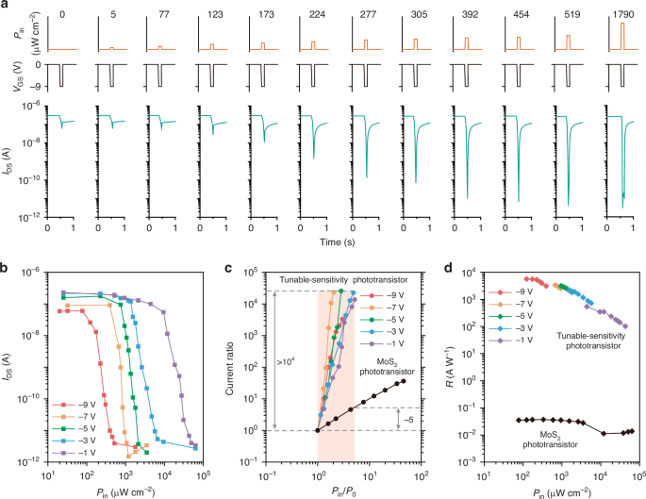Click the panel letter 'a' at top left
[6, 7]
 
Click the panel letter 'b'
[6, 271]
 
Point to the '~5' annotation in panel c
[410, 418]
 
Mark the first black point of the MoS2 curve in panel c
[318, 430]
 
